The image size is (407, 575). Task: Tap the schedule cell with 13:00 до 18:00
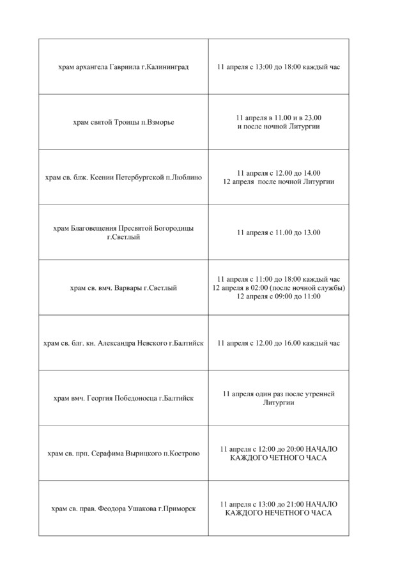click(279, 66)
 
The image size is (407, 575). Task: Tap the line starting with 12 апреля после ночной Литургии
click(279, 182)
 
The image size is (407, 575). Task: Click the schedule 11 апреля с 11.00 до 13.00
click(279, 233)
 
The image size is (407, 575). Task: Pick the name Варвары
click(128, 287)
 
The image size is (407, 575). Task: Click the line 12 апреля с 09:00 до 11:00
click(279, 296)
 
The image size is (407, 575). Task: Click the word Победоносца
click(135, 398)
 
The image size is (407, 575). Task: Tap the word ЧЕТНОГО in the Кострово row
click(288, 458)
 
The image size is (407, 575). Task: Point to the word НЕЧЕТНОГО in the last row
click(289, 513)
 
